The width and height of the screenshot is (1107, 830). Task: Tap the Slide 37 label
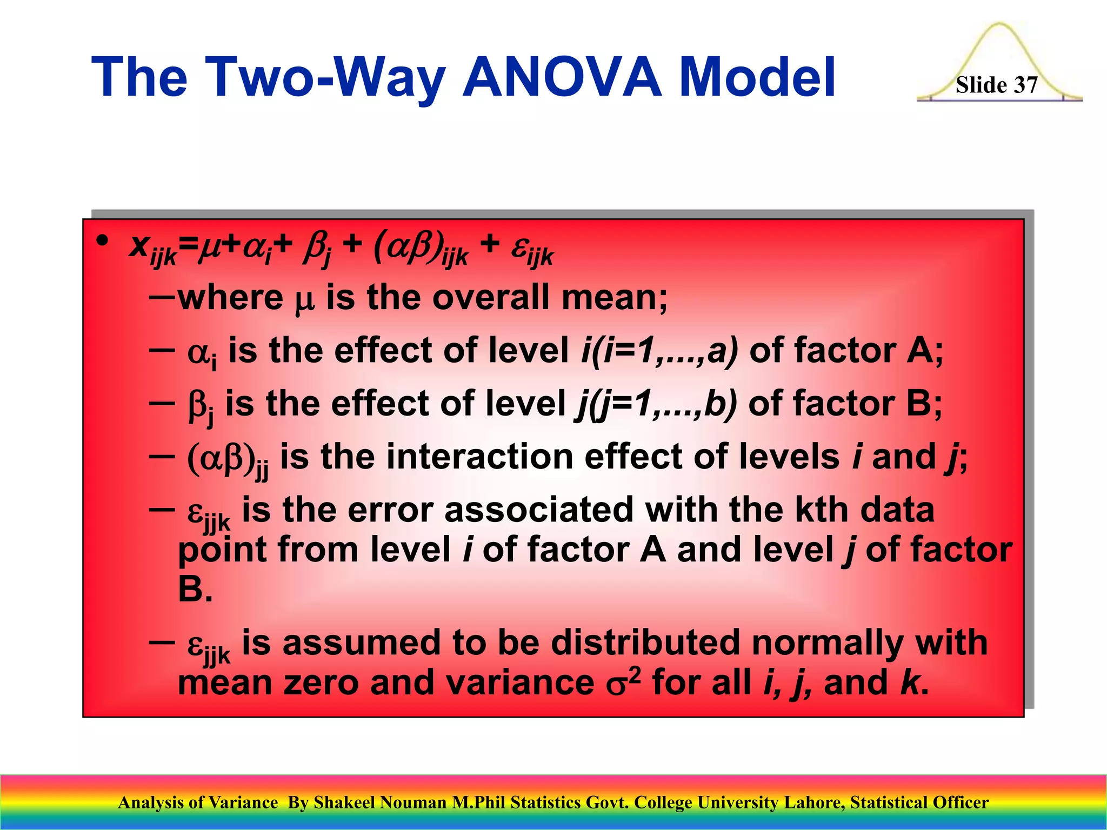[996, 85]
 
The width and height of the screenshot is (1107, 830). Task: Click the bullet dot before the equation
[102, 241]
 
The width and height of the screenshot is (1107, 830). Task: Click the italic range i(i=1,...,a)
[659, 350]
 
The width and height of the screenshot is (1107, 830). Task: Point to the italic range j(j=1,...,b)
[655, 403]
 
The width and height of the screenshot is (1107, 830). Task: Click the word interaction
[479, 456]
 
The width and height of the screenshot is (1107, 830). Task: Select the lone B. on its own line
[195, 588]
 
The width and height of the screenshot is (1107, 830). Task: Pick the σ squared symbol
[623, 682]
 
